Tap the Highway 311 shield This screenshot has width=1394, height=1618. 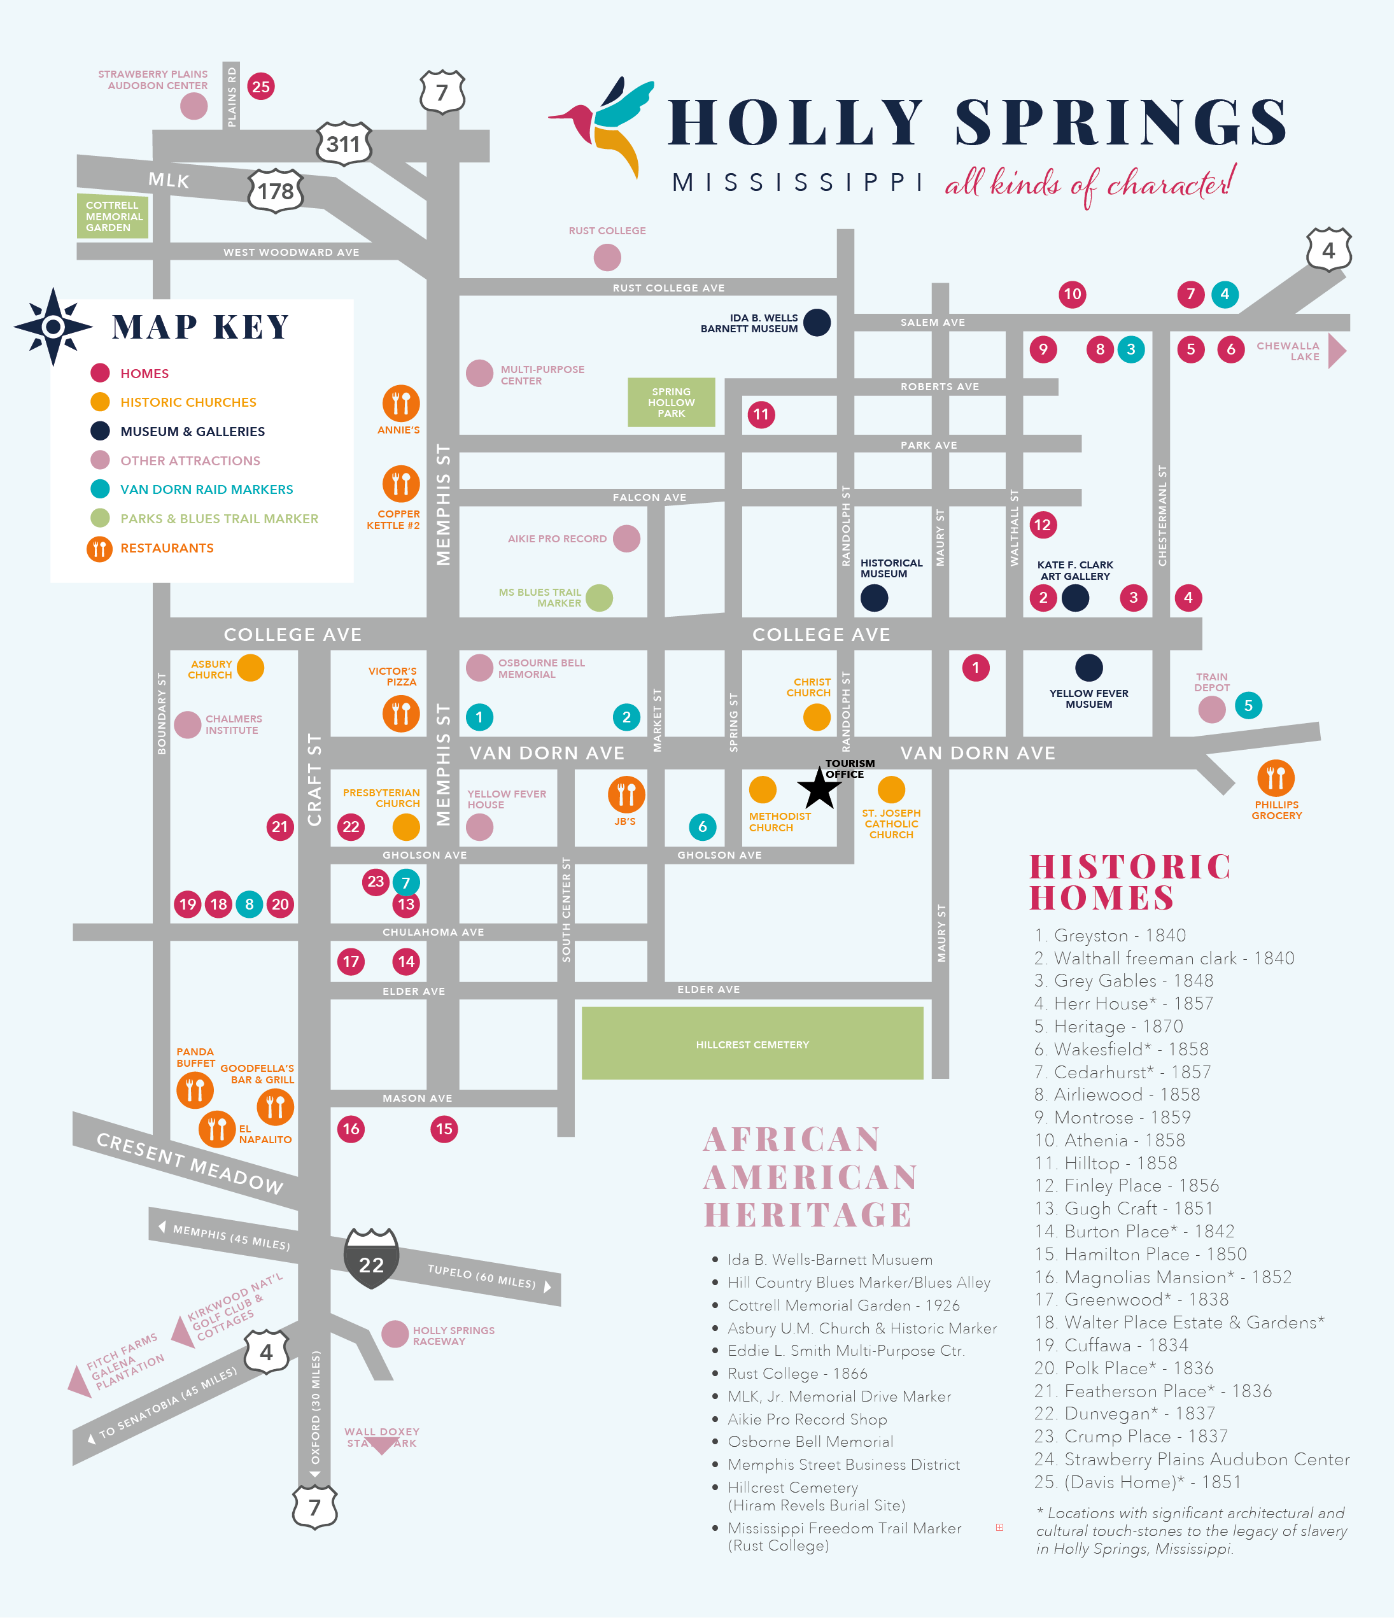click(x=344, y=144)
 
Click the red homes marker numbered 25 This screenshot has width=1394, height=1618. click(x=261, y=87)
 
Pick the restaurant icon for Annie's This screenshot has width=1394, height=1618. click(x=400, y=403)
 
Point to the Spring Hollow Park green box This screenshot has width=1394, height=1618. click(x=671, y=403)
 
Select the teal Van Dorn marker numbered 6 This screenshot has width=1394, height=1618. click(x=702, y=826)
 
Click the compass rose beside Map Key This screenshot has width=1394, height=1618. click(x=53, y=327)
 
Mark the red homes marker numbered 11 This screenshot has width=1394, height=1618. click(x=761, y=414)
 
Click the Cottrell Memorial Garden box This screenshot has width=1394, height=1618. click(x=113, y=216)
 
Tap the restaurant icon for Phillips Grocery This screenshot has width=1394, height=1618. click(x=1276, y=778)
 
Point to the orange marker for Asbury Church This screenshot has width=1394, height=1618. click(x=250, y=668)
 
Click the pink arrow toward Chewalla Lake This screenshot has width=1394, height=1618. click(x=1337, y=351)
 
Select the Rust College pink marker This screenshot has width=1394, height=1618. click(x=607, y=257)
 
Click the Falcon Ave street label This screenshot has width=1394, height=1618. click(x=649, y=497)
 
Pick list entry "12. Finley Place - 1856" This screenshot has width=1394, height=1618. click(x=1126, y=1185)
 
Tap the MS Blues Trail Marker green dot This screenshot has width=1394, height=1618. click(x=599, y=598)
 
